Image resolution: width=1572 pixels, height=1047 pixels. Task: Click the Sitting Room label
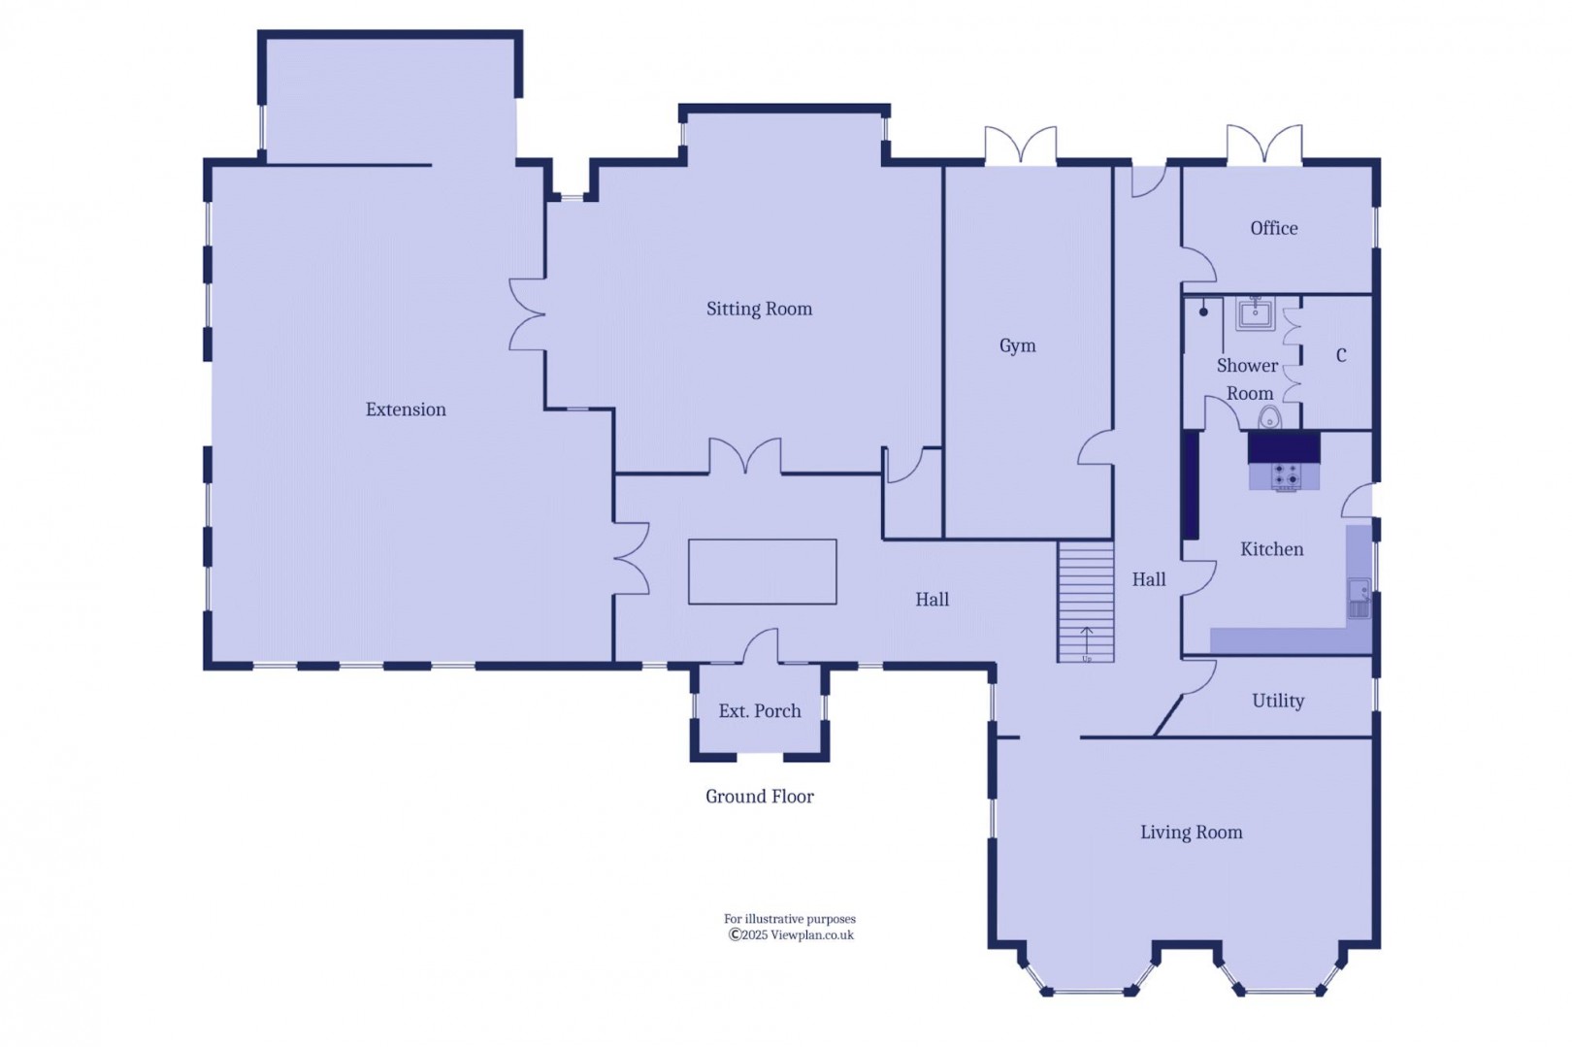[759, 309]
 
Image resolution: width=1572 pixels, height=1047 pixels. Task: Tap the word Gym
[1017, 345]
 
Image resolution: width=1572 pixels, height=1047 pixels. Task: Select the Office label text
[1273, 228]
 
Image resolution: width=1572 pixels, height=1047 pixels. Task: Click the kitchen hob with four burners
[1285, 476]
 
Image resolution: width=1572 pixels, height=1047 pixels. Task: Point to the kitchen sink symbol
[1359, 598]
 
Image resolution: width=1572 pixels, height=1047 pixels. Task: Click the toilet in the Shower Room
[1269, 419]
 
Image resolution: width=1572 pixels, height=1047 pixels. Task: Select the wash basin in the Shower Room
[1256, 312]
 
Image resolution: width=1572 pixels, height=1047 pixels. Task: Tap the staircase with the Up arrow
[1085, 602]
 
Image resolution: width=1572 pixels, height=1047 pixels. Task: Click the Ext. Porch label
[759, 711]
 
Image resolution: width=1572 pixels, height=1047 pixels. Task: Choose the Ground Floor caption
[759, 797]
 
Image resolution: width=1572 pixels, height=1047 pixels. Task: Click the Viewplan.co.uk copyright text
[791, 935]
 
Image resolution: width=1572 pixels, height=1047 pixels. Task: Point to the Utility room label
[1277, 701]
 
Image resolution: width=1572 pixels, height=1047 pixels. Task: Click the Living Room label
[1191, 833]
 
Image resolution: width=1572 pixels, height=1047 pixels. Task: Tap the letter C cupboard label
[1340, 355]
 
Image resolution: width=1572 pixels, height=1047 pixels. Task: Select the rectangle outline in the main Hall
[762, 572]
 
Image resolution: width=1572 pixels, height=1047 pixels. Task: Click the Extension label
[406, 409]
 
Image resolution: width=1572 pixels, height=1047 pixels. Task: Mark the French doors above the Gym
[1020, 147]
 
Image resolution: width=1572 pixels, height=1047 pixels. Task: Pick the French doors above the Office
[1263, 146]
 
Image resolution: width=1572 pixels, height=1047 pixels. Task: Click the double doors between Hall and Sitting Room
[744, 457]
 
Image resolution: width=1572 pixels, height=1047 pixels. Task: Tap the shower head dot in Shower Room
[1203, 311]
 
